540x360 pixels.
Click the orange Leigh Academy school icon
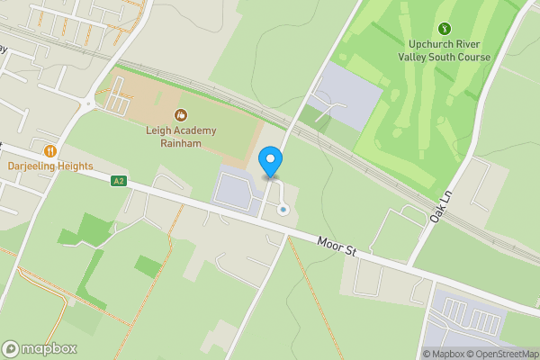(x=181, y=115)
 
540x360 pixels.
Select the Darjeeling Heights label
(x=50, y=166)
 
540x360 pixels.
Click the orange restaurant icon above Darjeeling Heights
(x=50, y=150)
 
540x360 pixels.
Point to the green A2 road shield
(x=118, y=181)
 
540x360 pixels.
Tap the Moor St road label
(x=337, y=245)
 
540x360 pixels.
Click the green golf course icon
(x=445, y=30)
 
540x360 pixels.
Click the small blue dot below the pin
(x=283, y=210)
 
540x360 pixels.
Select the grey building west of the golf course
(x=346, y=94)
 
